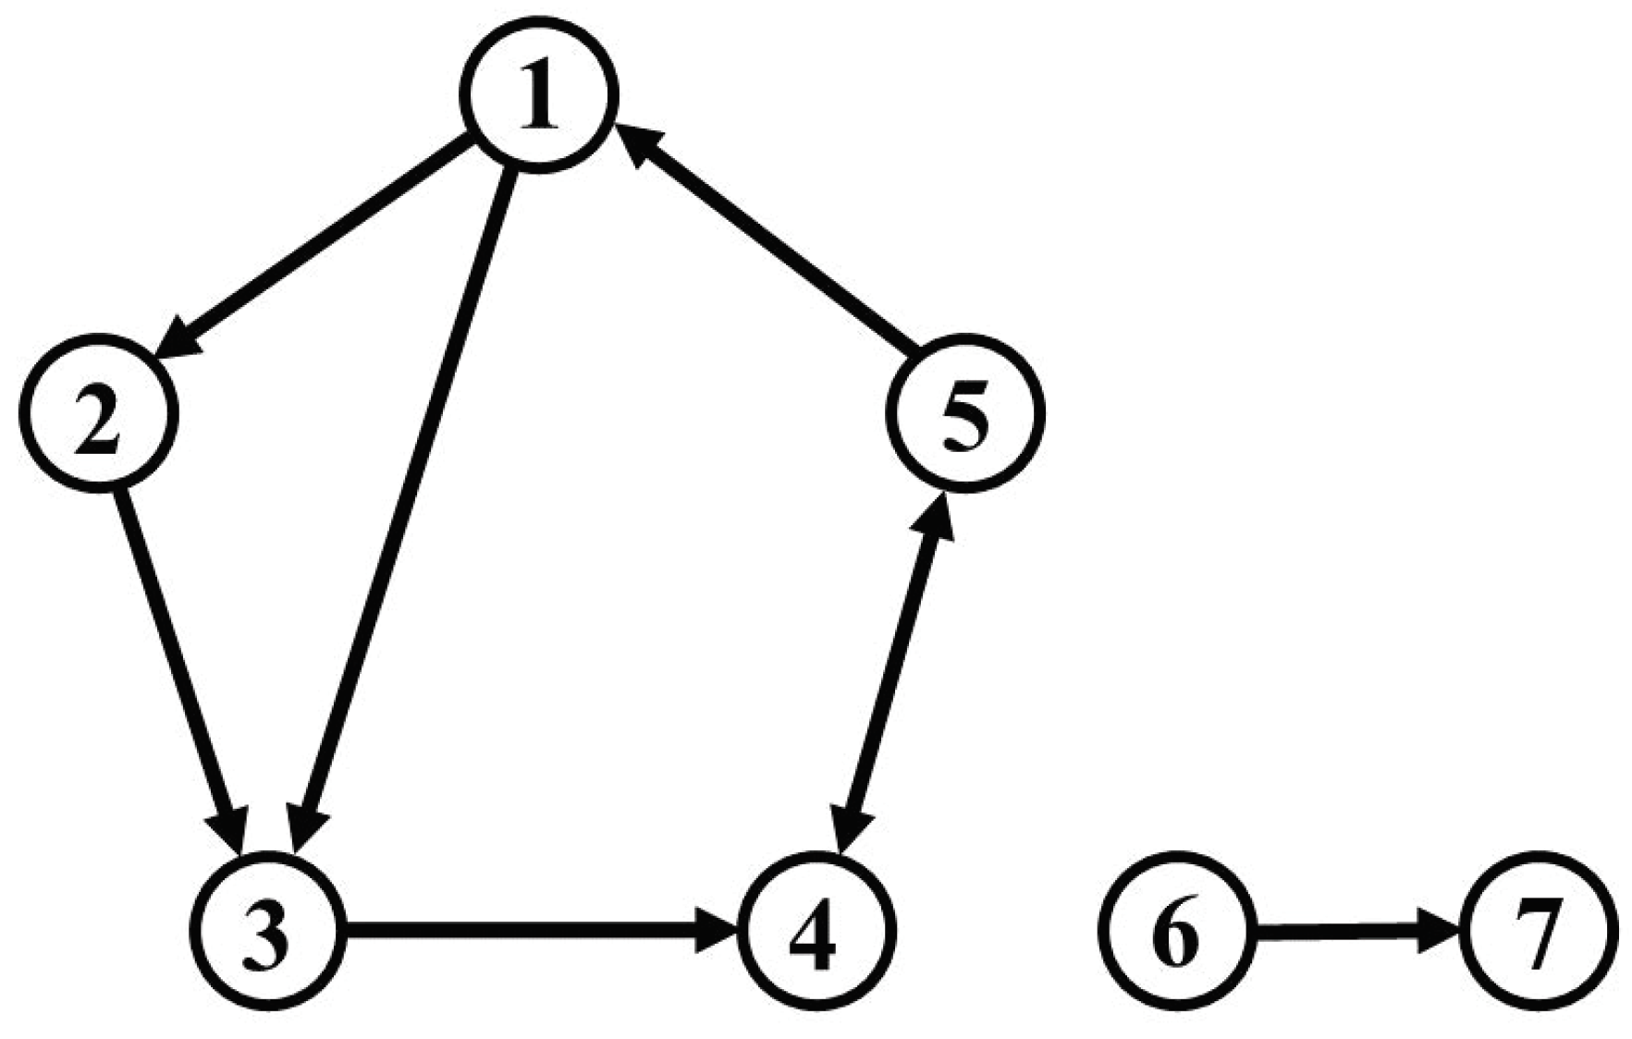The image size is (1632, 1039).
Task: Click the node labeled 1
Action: point(540,94)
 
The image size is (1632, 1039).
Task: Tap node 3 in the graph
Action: point(267,929)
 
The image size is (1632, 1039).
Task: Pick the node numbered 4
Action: point(818,929)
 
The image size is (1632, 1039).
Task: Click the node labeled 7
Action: point(1538,930)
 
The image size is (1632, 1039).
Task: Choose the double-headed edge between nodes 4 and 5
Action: point(892,670)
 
